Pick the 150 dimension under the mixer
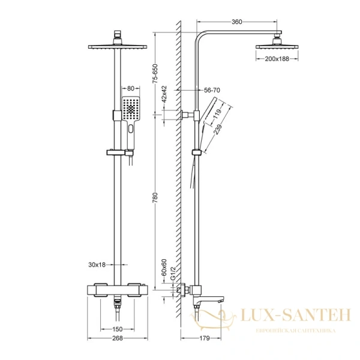(118, 329)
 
